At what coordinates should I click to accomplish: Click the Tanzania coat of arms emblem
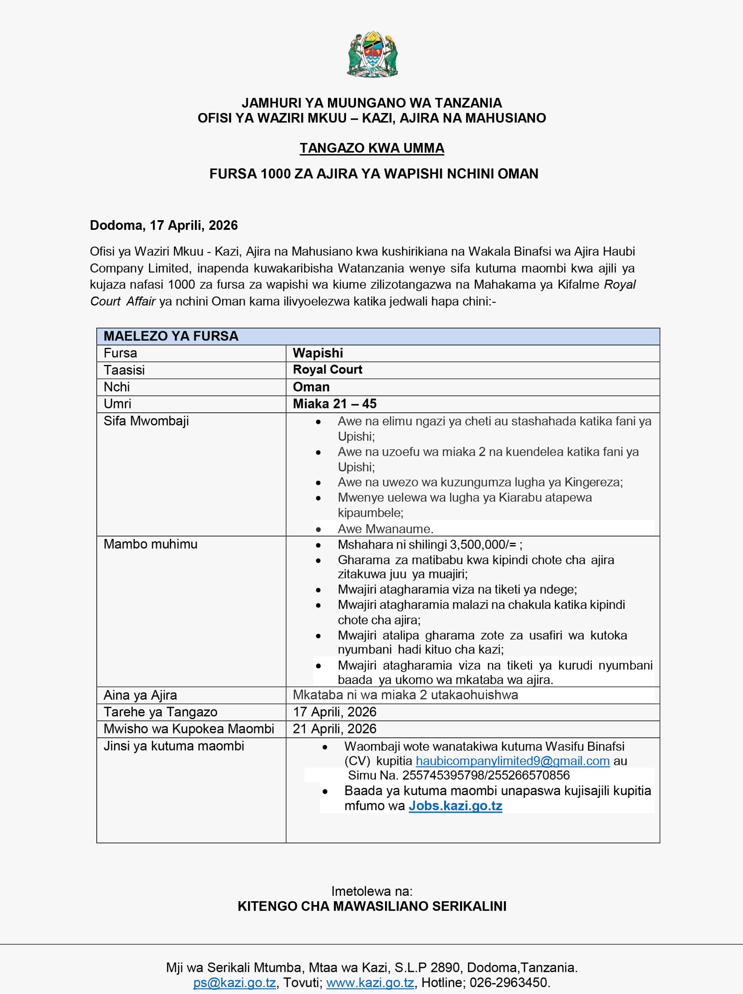click(x=372, y=54)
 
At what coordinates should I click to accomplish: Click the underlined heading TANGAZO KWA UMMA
click(x=372, y=148)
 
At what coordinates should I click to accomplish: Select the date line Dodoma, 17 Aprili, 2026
click(x=163, y=225)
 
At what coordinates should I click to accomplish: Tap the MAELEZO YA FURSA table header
click(x=171, y=336)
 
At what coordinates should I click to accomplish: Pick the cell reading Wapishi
click(x=318, y=353)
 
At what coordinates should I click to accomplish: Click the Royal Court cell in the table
click(x=328, y=369)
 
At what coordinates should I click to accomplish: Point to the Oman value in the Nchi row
click(x=311, y=387)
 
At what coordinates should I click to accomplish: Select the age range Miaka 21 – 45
click(x=334, y=403)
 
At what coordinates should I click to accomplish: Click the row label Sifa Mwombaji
click(x=146, y=421)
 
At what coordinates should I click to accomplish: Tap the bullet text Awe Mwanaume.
click(x=385, y=529)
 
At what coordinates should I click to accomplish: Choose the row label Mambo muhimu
click(x=150, y=544)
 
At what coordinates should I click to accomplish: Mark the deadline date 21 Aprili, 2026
click(x=334, y=729)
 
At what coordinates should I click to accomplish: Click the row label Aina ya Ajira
click(x=140, y=695)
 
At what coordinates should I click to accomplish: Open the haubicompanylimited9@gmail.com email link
click(x=512, y=761)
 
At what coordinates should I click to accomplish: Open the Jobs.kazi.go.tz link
click(x=455, y=806)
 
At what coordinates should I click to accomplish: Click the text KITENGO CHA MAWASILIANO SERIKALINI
click(x=372, y=906)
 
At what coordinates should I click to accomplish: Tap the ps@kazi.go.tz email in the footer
click(x=234, y=982)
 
